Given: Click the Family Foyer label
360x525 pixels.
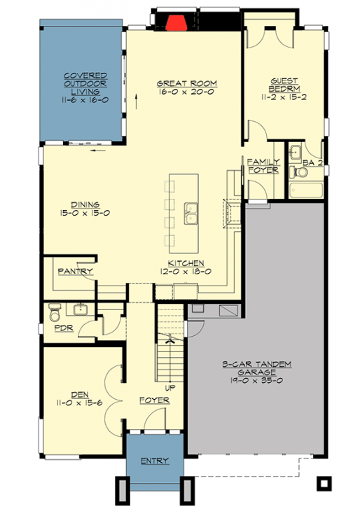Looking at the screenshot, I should tap(263, 166).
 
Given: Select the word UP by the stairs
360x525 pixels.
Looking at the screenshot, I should tap(169, 386).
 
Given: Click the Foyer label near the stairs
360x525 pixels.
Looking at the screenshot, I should tap(155, 401).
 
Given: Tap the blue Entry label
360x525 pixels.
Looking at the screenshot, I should tap(154, 461).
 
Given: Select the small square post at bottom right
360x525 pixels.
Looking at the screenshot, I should tap(324, 483).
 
